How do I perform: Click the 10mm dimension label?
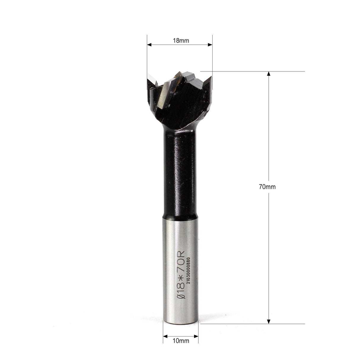pyautogui.click(x=181, y=341)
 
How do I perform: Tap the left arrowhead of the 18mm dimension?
pyautogui.click(x=149, y=45)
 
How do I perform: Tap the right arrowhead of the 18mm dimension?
pyautogui.click(x=210, y=45)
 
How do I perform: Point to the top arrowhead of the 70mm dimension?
pyautogui.click(x=269, y=74)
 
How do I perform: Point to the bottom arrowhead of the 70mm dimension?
pyautogui.click(x=269, y=321)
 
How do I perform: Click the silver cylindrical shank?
pyautogui.click(x=180, y=267)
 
